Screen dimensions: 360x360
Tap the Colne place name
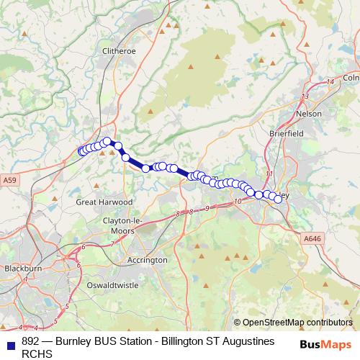tap(351, 77)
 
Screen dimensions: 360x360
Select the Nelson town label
tap(310, 114)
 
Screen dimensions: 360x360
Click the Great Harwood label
tap(104, 202)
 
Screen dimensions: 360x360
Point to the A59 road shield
tap(9, 179)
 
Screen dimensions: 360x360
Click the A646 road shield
tap(312, 238)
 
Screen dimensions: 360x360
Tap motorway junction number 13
tap(305, 96)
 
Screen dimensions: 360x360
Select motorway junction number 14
tap(330, 81)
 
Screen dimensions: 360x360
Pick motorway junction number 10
tap(237, 201)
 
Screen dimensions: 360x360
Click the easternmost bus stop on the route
tap(278, 199)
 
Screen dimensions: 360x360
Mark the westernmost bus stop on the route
tap(81, 151)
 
